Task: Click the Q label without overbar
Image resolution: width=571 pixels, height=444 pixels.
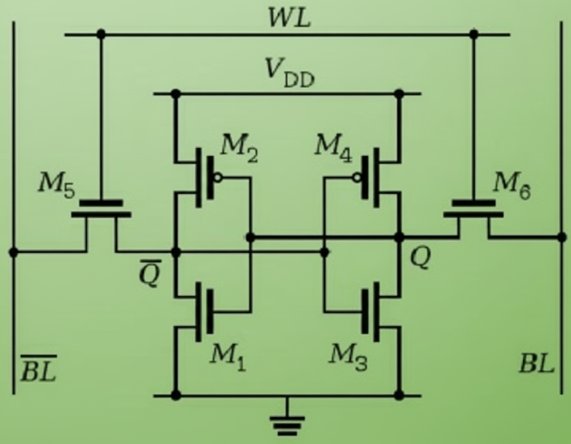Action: coord(420,258)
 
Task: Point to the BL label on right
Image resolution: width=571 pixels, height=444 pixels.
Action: coord(536,365)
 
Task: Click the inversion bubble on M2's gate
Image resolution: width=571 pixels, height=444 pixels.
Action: coord(218,177)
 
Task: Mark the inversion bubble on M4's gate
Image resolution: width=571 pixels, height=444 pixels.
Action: coord(356,177)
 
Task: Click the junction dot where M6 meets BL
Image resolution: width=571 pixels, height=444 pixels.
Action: coord(562,238)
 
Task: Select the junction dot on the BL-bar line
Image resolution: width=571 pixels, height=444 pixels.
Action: coord(13,253)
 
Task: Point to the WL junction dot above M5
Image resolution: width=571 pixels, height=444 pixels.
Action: coord(101,34)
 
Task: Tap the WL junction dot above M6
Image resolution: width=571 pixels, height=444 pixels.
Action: coord(473,34)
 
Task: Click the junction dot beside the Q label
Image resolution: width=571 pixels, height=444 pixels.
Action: coord(399,238)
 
